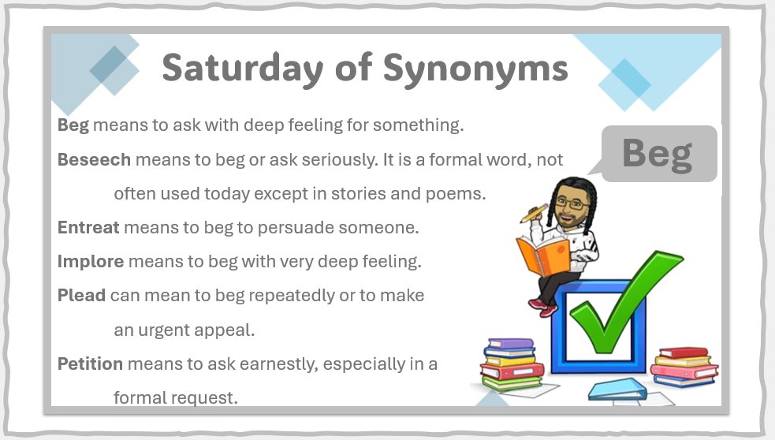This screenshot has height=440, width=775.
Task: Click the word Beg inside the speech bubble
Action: (x=657, y=153)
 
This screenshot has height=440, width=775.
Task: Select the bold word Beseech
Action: (x=94, y=159)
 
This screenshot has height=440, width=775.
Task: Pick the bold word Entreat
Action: (x=88, y=227)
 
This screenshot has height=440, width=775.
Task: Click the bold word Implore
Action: (x=91, y=261)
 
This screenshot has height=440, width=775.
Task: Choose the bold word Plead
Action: (x=81, y=296)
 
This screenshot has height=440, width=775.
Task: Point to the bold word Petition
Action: (x=90, y=364)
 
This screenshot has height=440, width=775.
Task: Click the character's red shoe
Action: (x=543, y=305)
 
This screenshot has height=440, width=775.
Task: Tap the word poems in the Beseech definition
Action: (x=456, y=193)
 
